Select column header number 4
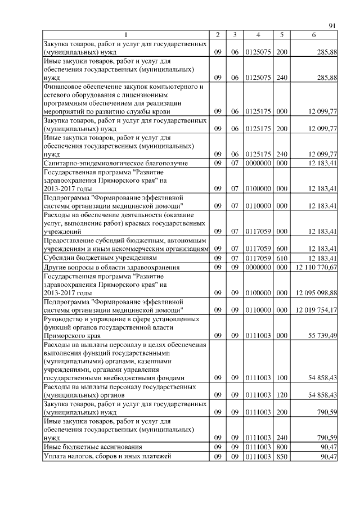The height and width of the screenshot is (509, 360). [x=258, y=35]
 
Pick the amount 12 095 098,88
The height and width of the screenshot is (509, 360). [x=316, y=292]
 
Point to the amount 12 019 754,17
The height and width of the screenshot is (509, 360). [x=316, y=309]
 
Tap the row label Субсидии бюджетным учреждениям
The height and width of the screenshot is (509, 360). [x=96, y=258]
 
